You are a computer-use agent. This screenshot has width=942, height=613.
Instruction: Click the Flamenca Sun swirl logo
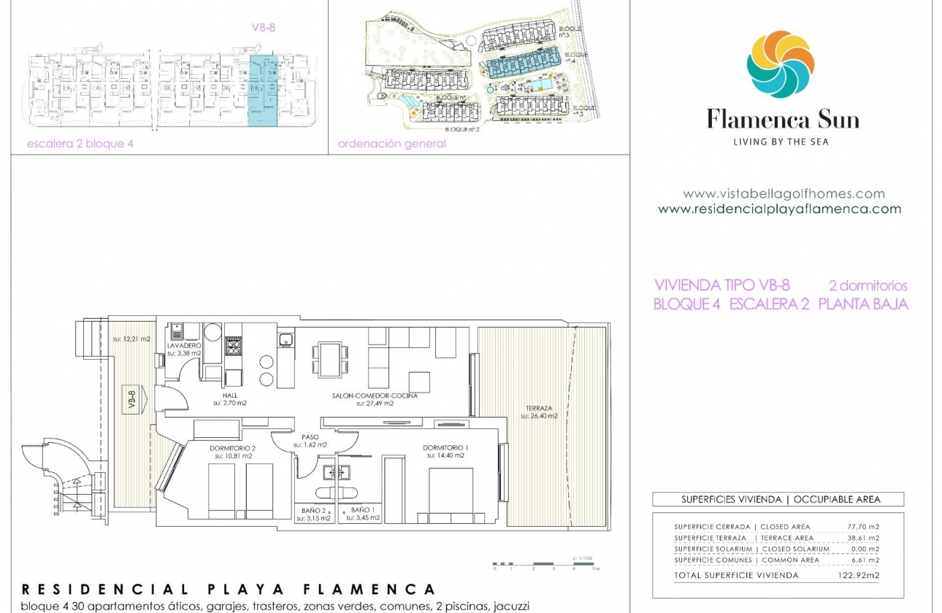[780, 64]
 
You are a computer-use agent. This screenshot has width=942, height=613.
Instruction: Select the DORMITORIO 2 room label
[233, 447]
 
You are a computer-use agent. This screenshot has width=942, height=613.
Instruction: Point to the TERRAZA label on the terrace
[538, 409]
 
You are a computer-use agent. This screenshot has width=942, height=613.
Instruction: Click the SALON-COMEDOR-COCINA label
[375, 396]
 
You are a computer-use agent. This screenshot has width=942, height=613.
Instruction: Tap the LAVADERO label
[184, 345]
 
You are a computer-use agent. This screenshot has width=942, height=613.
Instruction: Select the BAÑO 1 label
[363, 509]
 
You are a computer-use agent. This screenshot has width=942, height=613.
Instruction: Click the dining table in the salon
[329, 359]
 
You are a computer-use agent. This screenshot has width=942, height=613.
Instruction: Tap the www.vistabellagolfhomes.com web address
[784, 194]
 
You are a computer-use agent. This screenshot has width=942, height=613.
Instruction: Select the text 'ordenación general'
[391, 144]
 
